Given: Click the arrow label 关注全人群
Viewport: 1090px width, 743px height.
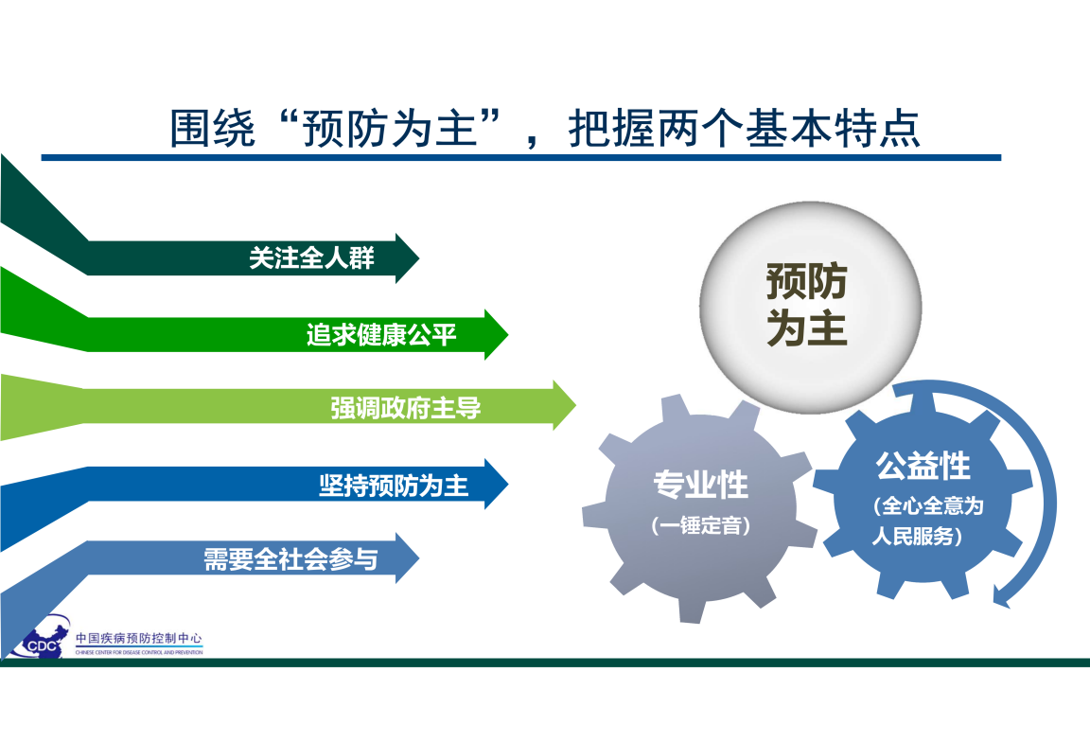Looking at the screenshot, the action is tap(311, 258).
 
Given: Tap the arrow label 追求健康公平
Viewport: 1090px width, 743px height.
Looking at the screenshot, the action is tap(381, 335).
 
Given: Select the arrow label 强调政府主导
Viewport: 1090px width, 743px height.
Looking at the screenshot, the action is tap(405, 408).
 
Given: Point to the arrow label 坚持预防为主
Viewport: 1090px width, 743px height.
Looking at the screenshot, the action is tap(394, 485).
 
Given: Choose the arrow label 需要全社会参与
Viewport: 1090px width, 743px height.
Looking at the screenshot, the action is tap(290, 558).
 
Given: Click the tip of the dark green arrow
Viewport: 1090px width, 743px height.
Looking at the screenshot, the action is tap(419, 258).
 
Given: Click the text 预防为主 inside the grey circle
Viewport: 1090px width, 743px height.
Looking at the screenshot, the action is tap(807, 304).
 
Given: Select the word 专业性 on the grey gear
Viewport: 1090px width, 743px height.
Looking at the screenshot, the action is tap(701, 485).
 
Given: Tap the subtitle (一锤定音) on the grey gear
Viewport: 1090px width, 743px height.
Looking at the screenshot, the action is tap(701, 525).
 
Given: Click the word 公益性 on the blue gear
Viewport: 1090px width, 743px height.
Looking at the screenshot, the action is tap(923, 465).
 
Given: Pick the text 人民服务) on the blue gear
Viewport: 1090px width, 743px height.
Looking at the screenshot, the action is tap(917, 536).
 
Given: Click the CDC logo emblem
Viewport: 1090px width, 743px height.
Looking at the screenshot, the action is tap(41, 637).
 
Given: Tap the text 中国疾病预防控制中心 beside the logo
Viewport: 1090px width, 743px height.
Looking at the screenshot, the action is tap(139, 637).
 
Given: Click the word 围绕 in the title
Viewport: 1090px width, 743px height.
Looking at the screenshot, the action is tap(213, 128).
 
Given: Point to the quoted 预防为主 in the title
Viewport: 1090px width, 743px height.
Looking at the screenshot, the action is tap(390, 128).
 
